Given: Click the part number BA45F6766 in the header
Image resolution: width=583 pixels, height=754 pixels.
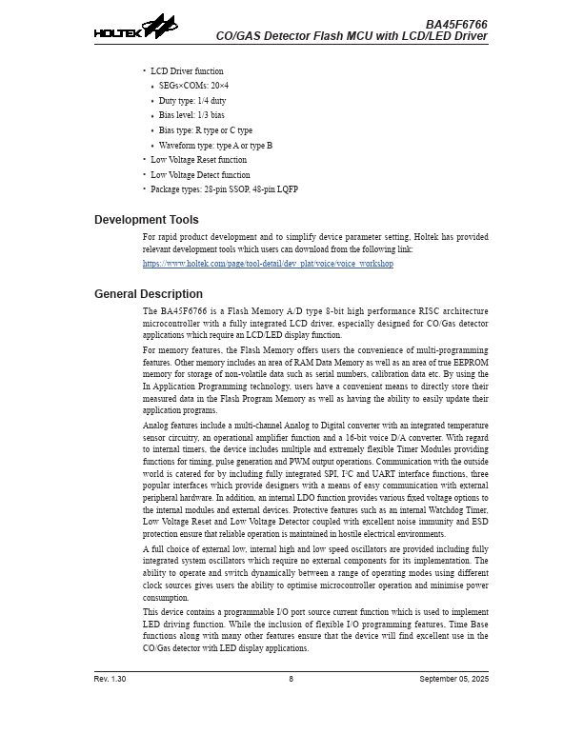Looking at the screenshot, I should [456, 23].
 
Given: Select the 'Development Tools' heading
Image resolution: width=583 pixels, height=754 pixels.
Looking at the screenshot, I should [147, 220].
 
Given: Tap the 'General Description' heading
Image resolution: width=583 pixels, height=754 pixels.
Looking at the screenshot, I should [149, 294].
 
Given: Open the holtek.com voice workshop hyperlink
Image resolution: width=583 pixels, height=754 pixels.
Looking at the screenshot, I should [268, 264].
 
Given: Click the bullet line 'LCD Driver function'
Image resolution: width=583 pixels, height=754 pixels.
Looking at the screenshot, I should [187, 71].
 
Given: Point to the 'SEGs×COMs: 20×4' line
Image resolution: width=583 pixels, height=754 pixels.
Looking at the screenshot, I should [193, 86].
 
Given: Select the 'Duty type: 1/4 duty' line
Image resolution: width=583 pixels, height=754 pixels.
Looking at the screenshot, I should [192, 101].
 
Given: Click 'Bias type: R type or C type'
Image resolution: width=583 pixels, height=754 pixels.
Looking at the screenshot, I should [206, 130].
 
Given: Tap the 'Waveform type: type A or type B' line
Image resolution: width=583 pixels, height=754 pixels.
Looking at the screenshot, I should [215, 146].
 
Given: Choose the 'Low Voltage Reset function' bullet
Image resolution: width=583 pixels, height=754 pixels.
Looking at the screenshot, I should [198, 160].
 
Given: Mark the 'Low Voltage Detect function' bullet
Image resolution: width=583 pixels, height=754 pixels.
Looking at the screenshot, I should [200, 175].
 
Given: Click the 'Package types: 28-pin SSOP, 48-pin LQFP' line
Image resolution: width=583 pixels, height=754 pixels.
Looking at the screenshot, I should [224, 189].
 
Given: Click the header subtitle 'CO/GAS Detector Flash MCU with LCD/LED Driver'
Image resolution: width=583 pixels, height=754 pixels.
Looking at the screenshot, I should [352, 36].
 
